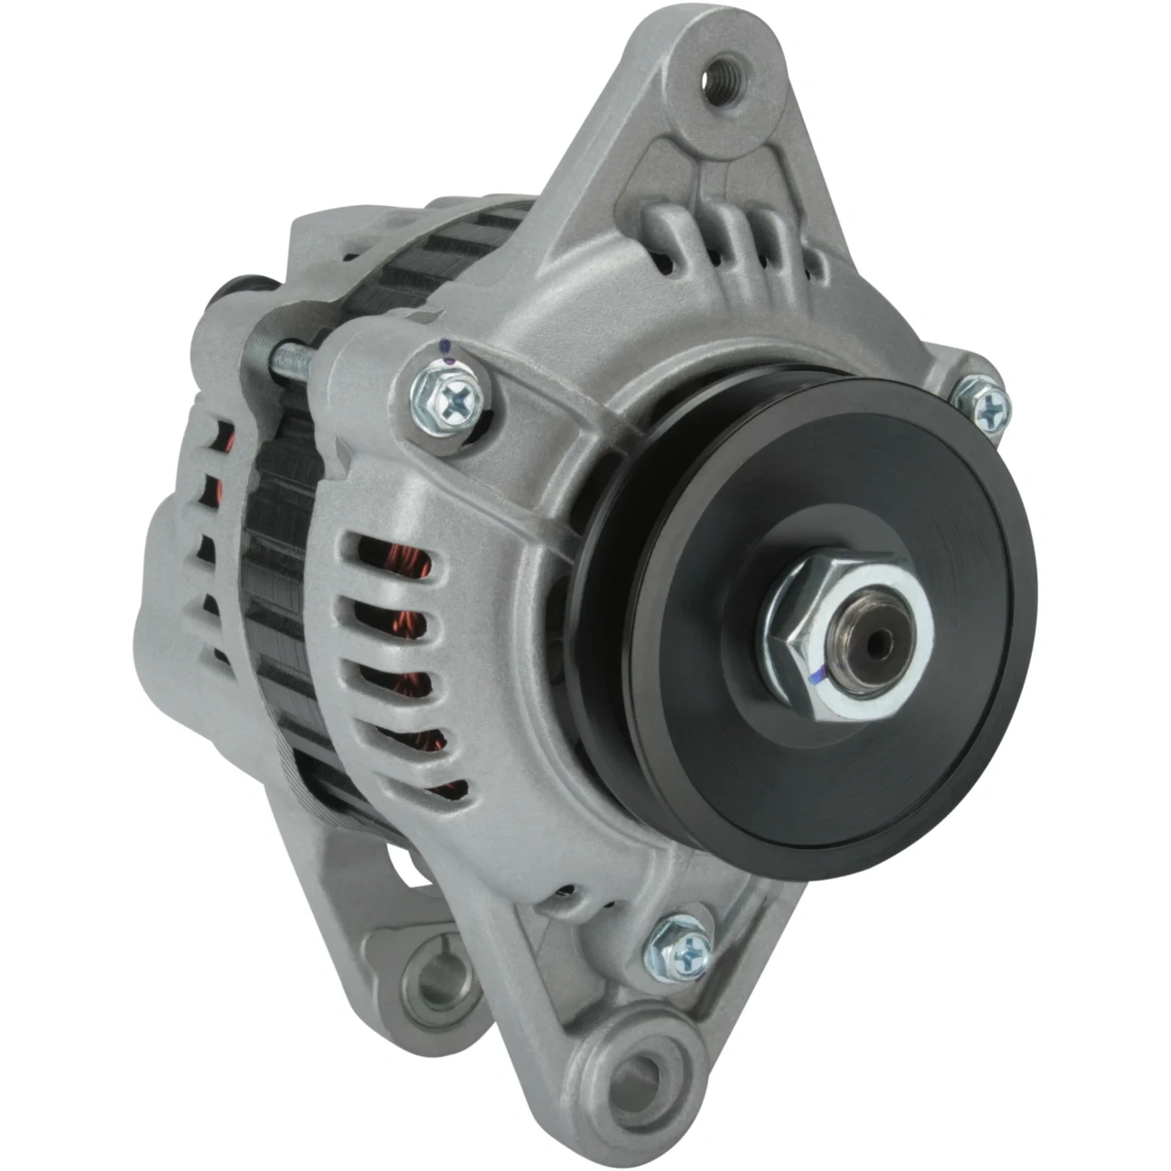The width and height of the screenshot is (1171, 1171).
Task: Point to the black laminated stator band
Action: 284,512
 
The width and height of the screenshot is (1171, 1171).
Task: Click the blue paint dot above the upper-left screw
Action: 446,347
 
